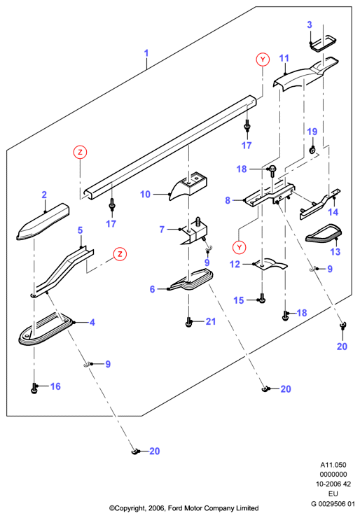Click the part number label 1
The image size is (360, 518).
146,53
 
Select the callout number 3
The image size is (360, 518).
310,24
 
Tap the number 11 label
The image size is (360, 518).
284,59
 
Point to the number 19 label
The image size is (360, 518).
312,132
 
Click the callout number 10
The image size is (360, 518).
145,195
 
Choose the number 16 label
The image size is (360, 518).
55,386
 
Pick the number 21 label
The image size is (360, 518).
211,321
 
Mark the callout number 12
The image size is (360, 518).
235,265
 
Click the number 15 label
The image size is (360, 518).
238,300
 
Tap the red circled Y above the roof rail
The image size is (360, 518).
263,59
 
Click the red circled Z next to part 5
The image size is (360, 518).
120,253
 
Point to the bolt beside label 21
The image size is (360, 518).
189,322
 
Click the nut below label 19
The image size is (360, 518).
312,150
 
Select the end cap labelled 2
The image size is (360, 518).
43,221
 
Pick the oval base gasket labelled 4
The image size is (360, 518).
46,329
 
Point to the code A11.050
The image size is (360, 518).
333,465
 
